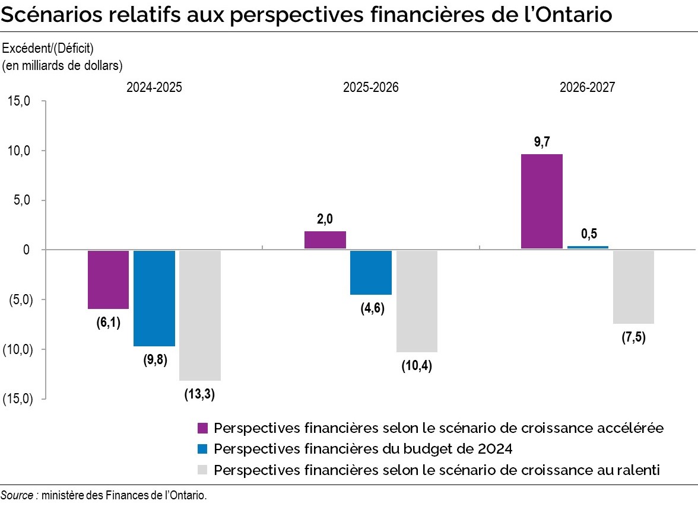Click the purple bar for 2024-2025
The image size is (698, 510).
click(108, 279)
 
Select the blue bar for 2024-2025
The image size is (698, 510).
click(154, 298)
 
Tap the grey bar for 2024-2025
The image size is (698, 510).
click(200, 315)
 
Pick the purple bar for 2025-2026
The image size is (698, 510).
click(325, 240)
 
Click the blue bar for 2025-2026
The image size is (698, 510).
click(371, 272)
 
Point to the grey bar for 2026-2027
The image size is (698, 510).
click(633, 287)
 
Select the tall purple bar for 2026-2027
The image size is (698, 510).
click(541, 202)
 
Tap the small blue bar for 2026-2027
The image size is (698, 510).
click(588, 247)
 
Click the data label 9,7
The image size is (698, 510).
click(542, 142)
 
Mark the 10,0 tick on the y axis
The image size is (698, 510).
click(20, 151)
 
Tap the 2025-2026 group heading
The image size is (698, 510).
click(371, 87)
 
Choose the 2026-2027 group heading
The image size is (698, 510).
click(588, 87)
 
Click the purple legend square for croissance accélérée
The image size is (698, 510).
click(202, 428)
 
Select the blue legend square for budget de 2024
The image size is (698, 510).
click(202, 449)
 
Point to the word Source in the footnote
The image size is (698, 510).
click(17, 495)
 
